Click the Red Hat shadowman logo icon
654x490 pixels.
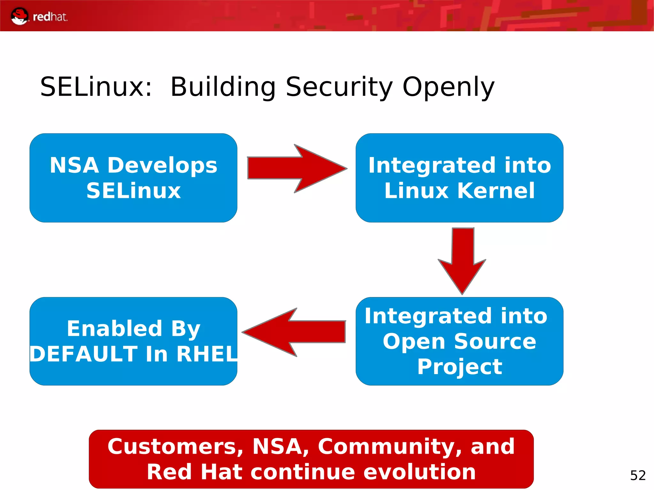(19, 16)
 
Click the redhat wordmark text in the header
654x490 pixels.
(50, 17)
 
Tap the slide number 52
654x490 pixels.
(638, 475)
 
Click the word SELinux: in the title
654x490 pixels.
(96, 87)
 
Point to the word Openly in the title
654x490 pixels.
(448, 87)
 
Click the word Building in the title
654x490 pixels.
(223, 87)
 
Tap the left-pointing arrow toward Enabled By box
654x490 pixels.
(294, 332)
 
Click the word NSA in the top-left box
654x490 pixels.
(74, 165)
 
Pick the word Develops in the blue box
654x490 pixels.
(162, 165)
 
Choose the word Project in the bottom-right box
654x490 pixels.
(460, 366)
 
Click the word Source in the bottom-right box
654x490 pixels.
(495, 341)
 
